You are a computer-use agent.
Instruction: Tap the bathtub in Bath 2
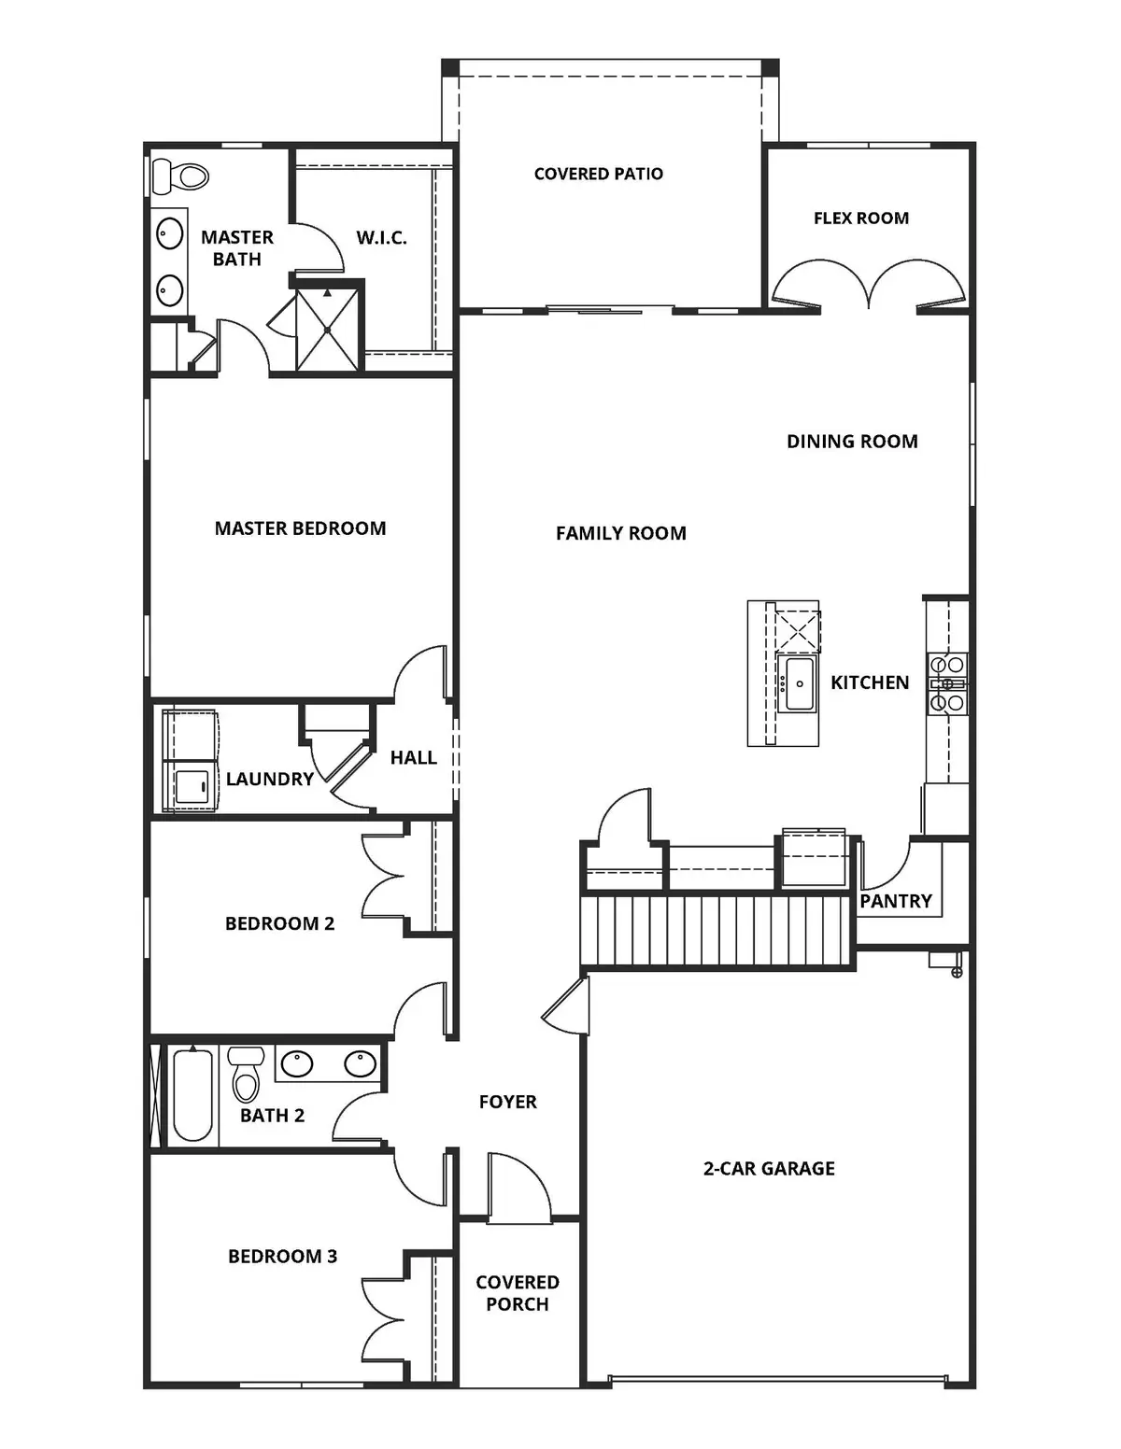192,1095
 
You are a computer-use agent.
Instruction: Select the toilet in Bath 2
246,1075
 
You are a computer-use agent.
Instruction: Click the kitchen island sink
798,683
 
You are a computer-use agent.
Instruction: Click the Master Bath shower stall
327,329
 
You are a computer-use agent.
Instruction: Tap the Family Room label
620,533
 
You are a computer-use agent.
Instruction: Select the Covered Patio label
598,174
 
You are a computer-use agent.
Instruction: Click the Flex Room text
860,218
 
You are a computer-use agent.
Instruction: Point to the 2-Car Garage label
769,1168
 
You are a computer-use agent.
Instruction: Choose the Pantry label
896,901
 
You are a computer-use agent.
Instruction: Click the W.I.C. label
381,238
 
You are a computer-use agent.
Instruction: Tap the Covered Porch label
518,1293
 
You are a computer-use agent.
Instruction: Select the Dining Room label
852,442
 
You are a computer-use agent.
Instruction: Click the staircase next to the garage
717,931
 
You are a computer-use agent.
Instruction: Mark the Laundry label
269,779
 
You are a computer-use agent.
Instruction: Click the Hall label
413,757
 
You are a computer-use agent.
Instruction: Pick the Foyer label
507,1102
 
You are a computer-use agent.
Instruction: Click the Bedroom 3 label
282,1257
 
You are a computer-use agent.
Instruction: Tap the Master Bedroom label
300,528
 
